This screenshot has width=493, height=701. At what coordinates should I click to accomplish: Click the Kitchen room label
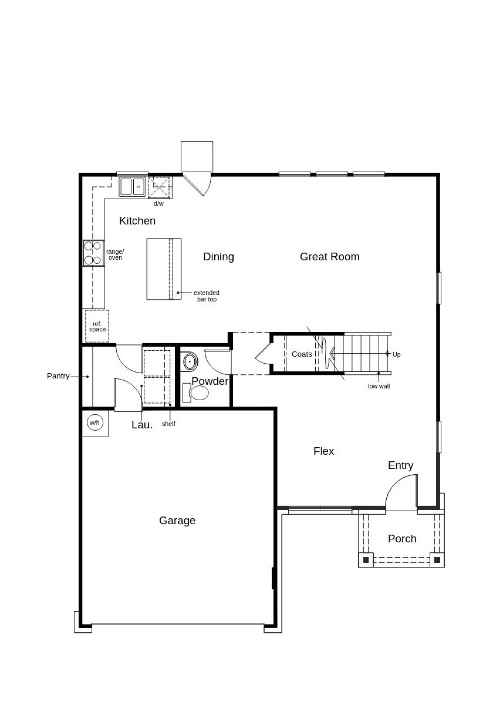point(137,221)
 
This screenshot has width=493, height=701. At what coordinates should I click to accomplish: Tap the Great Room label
point(329,257)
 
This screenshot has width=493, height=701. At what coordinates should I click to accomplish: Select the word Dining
point(218,257)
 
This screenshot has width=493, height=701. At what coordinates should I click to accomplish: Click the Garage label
point(177,521)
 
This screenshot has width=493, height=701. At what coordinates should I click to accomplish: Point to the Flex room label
point(323,451)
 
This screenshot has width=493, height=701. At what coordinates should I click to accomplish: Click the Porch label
point(402,539)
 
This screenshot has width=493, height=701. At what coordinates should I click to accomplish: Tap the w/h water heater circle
point(94,422)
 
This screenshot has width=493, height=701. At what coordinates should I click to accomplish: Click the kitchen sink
point(133,187)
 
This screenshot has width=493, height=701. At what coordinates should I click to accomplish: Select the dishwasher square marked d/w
point(159,188)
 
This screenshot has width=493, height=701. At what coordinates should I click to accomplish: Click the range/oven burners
point(93,253)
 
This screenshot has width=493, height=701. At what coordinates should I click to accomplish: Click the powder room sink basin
point(190,361)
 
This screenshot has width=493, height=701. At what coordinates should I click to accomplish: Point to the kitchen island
point(164,269)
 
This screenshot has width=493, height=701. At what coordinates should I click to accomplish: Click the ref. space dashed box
point(97,327)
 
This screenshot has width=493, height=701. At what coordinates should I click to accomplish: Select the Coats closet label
point(302,354)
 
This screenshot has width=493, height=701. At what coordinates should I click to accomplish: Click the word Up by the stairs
point(397,354)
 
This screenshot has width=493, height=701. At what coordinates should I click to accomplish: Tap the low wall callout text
point(379,386)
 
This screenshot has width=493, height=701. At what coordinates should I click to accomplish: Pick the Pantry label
point(58,376)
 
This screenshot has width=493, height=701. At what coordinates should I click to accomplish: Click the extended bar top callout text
point(207,296)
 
